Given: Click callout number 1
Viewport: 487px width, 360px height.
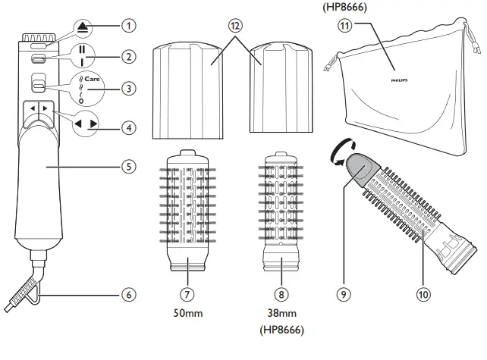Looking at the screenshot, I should tap(130, 25).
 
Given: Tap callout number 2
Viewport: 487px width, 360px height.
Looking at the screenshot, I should tap(130, 56).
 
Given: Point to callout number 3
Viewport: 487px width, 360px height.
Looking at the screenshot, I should tap(130, 89).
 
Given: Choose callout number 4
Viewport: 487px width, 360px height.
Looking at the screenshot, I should tap(130, 128).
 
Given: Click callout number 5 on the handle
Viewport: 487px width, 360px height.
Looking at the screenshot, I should tap(130, 164).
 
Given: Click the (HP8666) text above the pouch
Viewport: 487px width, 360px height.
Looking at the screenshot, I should tap(333, 6).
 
